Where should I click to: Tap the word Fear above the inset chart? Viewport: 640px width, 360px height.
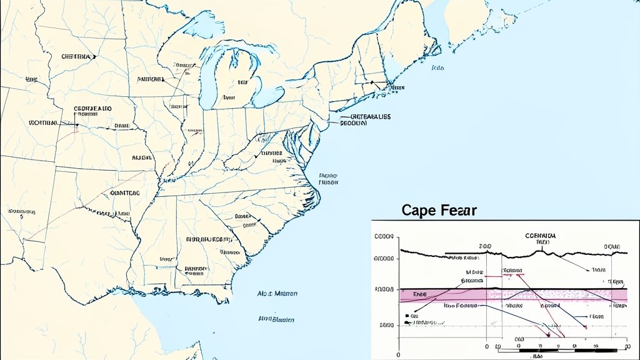coord(459,211)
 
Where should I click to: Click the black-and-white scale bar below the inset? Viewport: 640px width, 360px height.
coord(562,346)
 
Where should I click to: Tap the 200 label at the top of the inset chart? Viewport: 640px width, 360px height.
coord(485,247)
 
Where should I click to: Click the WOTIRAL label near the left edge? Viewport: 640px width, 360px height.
coord(43,123)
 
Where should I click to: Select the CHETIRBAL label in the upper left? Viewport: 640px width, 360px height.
coord(76,56)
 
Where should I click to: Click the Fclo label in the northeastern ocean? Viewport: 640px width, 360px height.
coord(437,67)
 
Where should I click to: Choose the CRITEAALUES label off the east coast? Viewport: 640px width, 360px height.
coord(370,117)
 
